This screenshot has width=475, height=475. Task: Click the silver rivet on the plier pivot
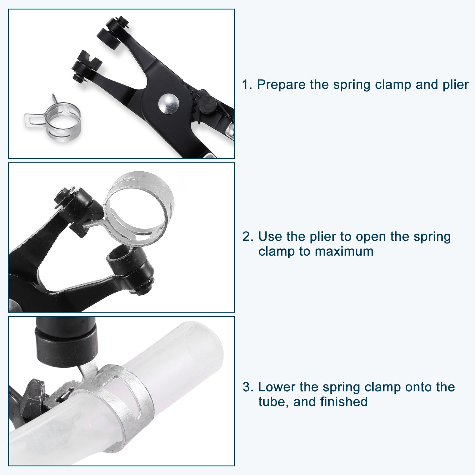tap(168, 104)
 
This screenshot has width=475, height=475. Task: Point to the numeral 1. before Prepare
tap(247, 85)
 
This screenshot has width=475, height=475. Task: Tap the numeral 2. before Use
tap(248, 237)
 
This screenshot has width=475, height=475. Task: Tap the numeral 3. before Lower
tap(248, 387)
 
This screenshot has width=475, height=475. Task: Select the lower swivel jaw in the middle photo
tap(132, 269)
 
